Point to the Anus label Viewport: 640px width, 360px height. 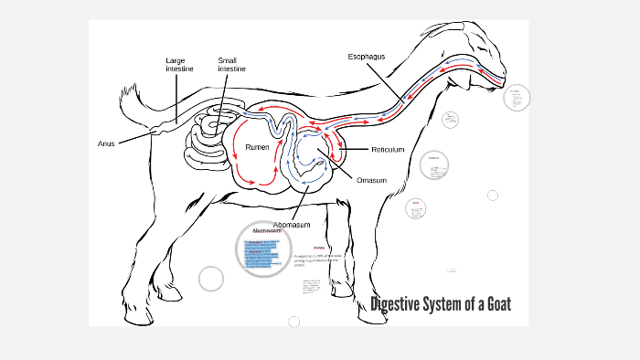(x=107, y=143)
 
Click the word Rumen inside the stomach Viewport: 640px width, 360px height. (x=257, y=146)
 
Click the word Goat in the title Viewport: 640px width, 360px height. (x=491, y=304)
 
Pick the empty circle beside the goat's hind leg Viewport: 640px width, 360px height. (x=211, y=279)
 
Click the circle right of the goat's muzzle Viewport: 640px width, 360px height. (x=517, y=98)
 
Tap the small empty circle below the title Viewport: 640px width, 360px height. (x=293, y=322)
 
